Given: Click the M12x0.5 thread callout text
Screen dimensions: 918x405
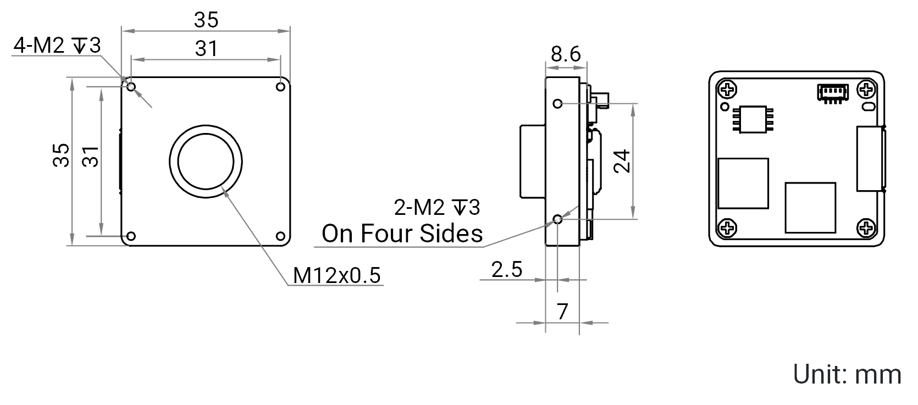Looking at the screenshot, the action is (337, 275).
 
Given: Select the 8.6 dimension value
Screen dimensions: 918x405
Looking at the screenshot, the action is (566, 54).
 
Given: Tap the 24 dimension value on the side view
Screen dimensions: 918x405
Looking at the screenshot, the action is (622, 161).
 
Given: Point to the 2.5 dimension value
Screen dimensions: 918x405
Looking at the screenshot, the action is (506, 269).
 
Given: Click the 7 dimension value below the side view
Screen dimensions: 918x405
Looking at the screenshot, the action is (562, 312).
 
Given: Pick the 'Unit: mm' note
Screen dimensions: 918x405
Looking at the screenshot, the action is (847, 374).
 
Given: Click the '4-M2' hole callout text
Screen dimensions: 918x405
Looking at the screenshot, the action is (39, 45).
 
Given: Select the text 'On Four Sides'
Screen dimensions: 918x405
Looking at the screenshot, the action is (402, 234).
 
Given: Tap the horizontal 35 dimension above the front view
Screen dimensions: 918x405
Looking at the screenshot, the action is (206, 20).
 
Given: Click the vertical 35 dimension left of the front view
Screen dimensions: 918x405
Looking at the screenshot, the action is (61, 155).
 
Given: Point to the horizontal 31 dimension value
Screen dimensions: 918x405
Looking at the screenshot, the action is (206, 48).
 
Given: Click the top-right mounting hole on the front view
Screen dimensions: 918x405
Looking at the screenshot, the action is (281, 87).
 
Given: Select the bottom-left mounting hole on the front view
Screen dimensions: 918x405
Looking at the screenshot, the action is (131, 236).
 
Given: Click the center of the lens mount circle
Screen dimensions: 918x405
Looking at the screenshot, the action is (206, 162).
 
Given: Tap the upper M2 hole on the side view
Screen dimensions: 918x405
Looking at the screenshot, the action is (558, 104).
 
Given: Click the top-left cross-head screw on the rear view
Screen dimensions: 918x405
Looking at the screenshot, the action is (727, 90).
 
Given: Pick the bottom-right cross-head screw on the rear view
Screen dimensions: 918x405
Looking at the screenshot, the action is (866, 228).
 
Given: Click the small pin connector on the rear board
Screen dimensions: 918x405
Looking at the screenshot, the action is (833, 93).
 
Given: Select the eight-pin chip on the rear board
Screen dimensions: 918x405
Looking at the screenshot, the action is (753, 119).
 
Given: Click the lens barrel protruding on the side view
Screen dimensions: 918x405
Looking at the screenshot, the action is (533, 162).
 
